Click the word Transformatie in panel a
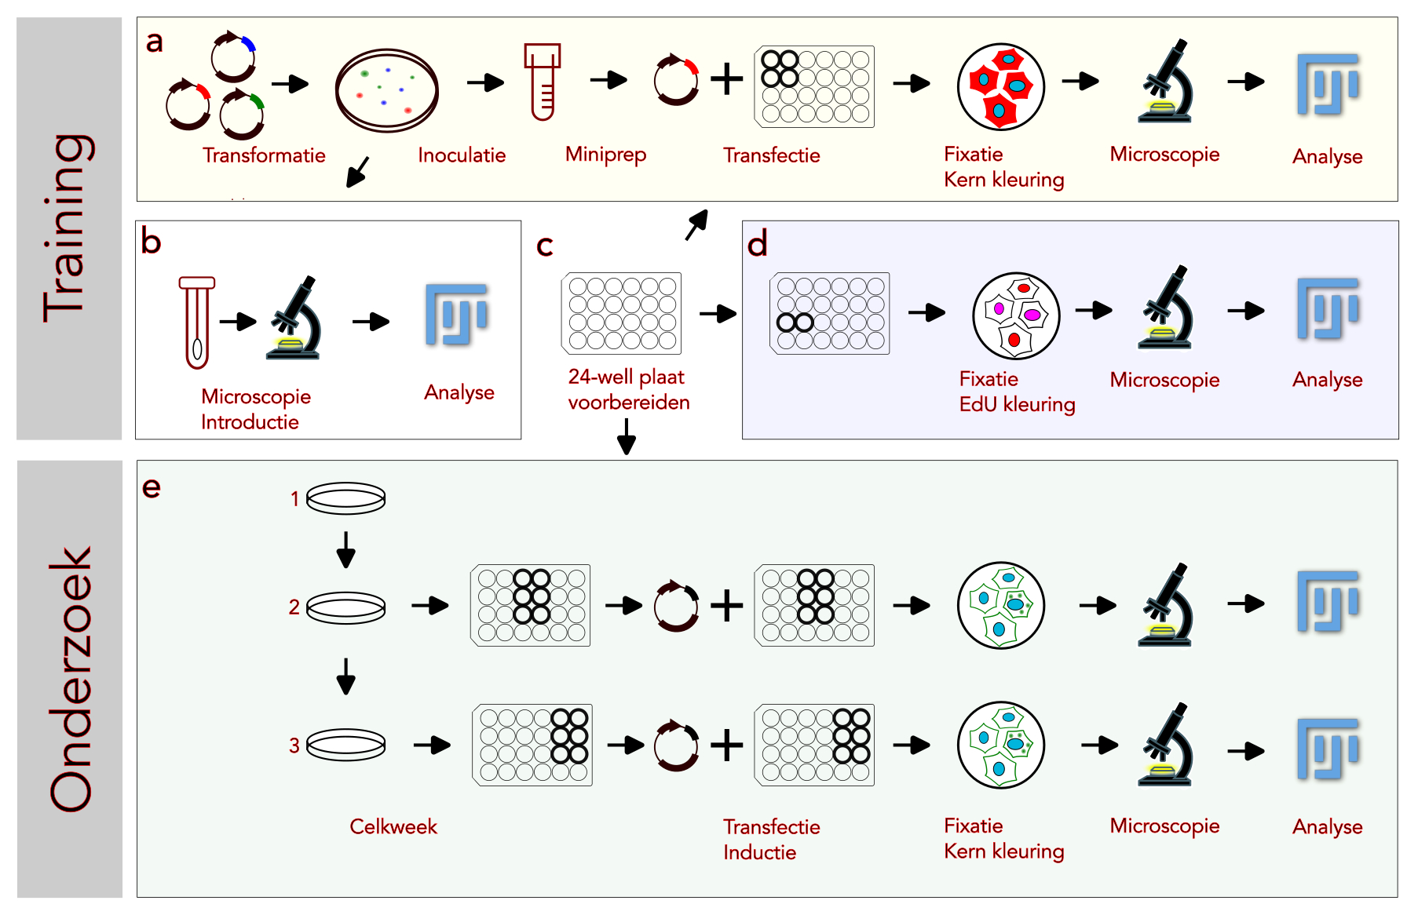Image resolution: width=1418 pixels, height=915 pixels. pyautogui.click(x=264, y=155)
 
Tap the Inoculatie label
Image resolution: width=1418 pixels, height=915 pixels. pyautogui.click(x=462, y=155)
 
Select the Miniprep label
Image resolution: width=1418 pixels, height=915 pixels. pyautogui.click(x=605, y=155)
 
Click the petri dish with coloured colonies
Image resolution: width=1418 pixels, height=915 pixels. pyautogui.click(x=386, y=90)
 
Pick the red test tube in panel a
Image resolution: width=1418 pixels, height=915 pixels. pyautogui.click(x=542, y=82)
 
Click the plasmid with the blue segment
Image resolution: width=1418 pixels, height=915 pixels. pyautogui.click(x=233, y=57)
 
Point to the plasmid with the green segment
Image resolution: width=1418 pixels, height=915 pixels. pyautogui.click(x=242, y=114)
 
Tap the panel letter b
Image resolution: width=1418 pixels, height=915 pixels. pyautogui.click(x=151, y=242)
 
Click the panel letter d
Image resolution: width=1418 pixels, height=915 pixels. pyautogui.click(x=757, y=245)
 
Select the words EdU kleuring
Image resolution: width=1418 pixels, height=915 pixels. pyautogui.click(x=1017, y=404)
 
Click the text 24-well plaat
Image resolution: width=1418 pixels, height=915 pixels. pyautogui.click(x=626, y=377)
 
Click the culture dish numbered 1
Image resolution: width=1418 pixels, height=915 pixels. pyautogui.click(x=345, y=498)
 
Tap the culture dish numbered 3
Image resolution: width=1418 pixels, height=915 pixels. pyautogui.click(x=345, y=745)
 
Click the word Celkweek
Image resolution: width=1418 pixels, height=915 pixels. pyautogui.click(x=393, y=826)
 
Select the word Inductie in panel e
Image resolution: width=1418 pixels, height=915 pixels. pyautogui.click(x=759, y=852)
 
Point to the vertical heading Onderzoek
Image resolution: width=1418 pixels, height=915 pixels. pyautogui.click(x=70, y=679)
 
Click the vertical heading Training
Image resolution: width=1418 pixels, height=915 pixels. pyautogui.click(x=70, y=228)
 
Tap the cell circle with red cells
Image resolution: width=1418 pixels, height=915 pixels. pyautogui.click(x=1000, y=86)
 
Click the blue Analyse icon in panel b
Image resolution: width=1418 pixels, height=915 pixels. pyautogui.click(x=457, y=315)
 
